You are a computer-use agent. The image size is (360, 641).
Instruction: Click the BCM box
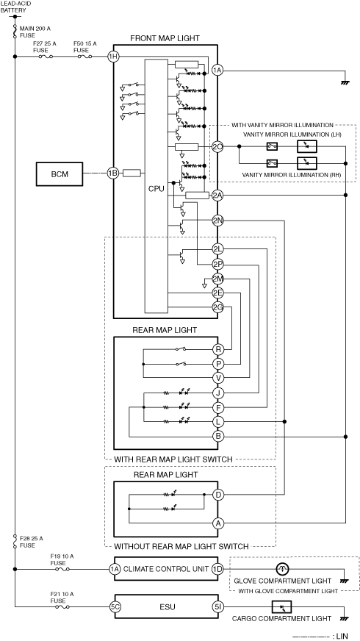pos(60,174)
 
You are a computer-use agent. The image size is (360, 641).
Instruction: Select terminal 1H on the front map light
pos(113,57)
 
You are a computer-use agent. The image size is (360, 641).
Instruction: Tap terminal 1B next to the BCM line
pos(113,173)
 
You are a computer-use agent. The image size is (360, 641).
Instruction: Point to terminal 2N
pos(217,221)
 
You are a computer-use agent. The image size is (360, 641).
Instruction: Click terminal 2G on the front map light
pos(217,307)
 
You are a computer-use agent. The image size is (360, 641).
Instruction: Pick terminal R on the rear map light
pos(218,349)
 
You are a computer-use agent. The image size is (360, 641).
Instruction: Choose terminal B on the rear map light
pos(218,437)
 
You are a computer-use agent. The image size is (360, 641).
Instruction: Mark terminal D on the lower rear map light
pos(218,495)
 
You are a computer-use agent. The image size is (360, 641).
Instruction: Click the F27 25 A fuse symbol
pos(46,57)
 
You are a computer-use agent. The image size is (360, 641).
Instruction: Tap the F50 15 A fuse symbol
pos(84,57)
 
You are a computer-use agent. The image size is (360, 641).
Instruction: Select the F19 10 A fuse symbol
pos(62,569)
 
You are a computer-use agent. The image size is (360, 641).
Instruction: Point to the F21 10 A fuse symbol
pos(62,606)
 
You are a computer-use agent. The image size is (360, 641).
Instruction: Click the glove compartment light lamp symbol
pos(282,569)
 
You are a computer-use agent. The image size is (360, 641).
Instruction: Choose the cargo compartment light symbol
pos(281,606)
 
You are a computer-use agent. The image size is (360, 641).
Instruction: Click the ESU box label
pos(168,607)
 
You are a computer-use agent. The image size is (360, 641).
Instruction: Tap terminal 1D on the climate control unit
pos(218,569)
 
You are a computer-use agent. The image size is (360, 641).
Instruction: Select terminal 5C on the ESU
pos(115,606)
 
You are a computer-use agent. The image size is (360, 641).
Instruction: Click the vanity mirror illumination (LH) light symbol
pos(307,146)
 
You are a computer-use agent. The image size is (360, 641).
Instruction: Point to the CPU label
pos(156,189)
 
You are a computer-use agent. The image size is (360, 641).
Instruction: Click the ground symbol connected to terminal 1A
pos(345,82)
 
